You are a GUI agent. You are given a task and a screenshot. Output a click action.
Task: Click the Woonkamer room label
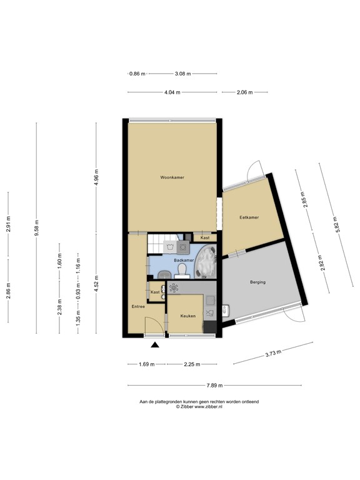click(x=172, y=177)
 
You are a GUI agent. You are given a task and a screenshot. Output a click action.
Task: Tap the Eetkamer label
click(x=249, y=217)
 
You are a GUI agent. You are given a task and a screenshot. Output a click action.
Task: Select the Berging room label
click(x=257, y=282)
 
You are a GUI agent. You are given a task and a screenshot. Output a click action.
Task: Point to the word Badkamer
click(x=183, y=259)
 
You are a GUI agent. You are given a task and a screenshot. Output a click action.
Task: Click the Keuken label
click(x=188, y=316)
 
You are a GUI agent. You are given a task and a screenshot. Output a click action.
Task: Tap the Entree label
click(x=138, y=306)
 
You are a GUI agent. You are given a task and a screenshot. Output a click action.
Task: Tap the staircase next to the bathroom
click(x=161, y=244)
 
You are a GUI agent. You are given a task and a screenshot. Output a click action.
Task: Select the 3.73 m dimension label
click(x=272, y=354)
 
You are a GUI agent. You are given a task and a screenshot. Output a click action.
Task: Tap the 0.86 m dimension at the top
click(x=137, y=74)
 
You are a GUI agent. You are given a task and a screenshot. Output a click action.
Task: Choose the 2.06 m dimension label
click(x=244, y=92)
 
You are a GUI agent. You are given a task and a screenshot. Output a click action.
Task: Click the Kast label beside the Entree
click(x=154, y=292)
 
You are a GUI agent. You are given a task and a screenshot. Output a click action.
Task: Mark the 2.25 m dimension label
click(x=192, y=364)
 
